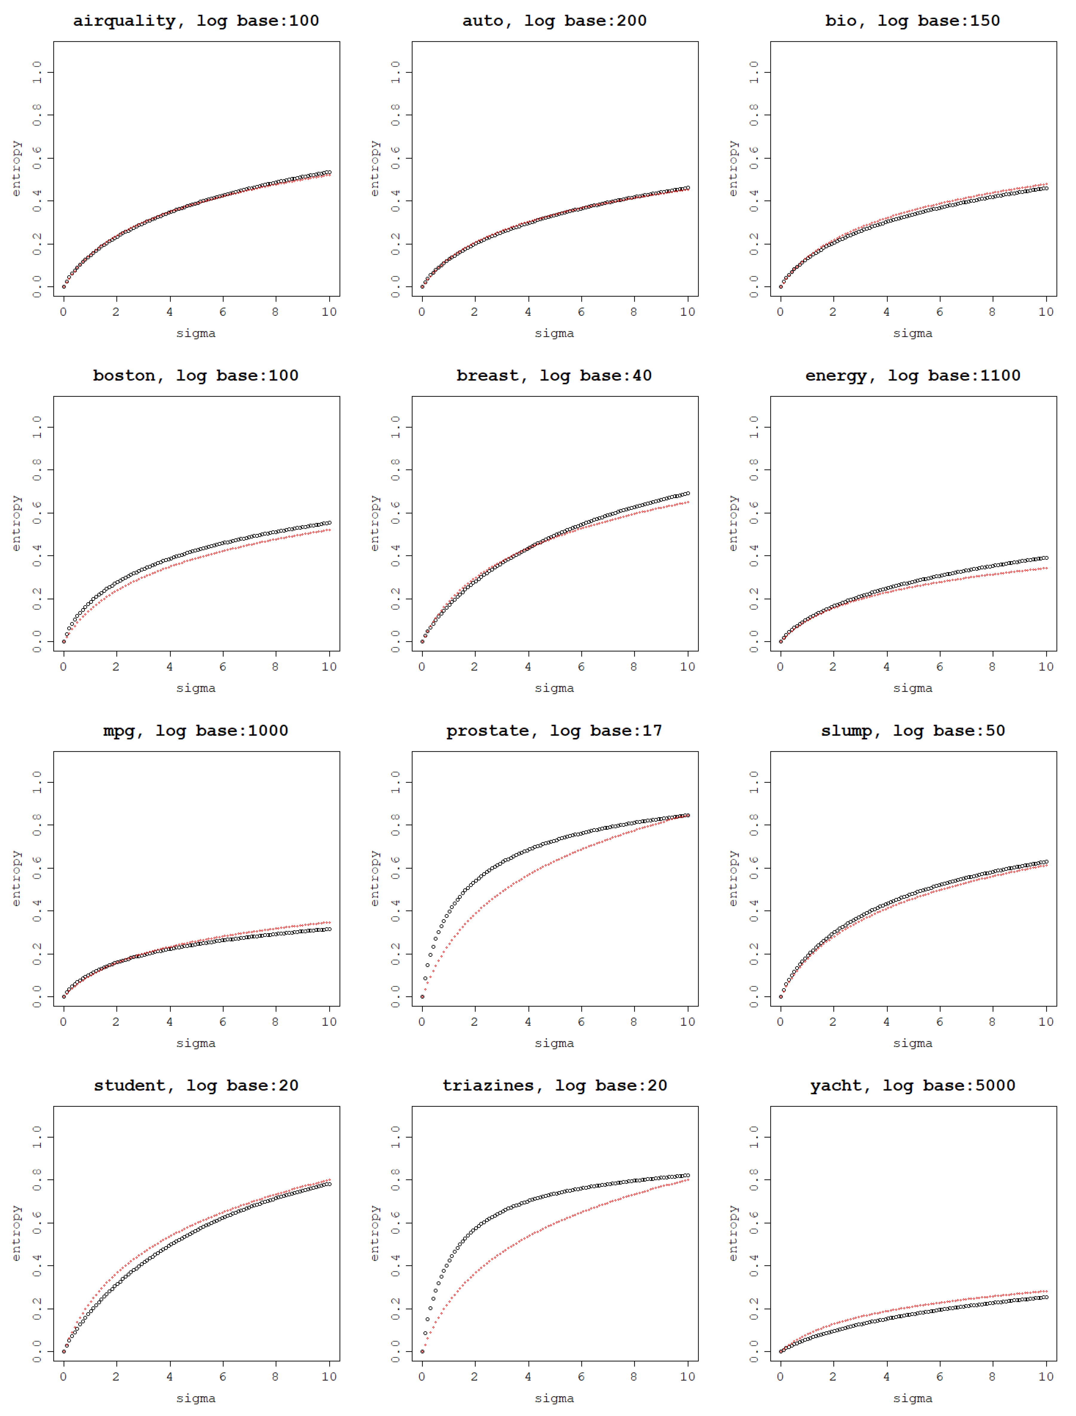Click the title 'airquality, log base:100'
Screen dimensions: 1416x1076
196,21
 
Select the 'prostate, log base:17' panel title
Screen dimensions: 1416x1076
554,731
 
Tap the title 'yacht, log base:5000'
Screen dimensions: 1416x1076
913,1086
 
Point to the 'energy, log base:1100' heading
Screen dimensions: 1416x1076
913,376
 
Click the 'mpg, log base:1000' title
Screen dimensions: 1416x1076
196,731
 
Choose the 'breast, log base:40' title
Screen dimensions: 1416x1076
554,376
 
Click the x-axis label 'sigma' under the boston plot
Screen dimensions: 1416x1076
196,689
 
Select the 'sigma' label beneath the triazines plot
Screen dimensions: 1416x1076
554,1399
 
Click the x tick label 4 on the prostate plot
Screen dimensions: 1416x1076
528,1022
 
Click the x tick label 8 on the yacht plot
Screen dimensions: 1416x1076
992,1377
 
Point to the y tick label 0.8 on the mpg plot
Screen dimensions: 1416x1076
37,825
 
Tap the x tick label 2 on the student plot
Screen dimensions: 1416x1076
116,1377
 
